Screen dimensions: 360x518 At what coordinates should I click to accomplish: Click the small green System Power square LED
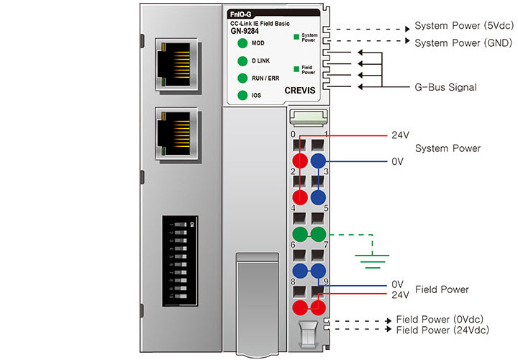tap(295, 35)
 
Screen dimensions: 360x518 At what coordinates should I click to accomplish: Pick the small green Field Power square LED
tap(295, 68)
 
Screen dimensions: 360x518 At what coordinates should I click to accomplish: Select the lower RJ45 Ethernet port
tap(176, 135)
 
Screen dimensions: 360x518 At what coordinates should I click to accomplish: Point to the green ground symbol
tap(371, 257)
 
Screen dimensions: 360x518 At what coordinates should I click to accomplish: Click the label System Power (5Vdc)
tap(463, 26)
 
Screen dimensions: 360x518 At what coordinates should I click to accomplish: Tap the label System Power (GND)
tap(463, 42)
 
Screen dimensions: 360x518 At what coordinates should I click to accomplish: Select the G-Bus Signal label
tap(446, 87)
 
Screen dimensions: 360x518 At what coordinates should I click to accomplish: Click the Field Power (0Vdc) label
tap(440, 319)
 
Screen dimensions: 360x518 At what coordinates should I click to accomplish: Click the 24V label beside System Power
tap(400, 135)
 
